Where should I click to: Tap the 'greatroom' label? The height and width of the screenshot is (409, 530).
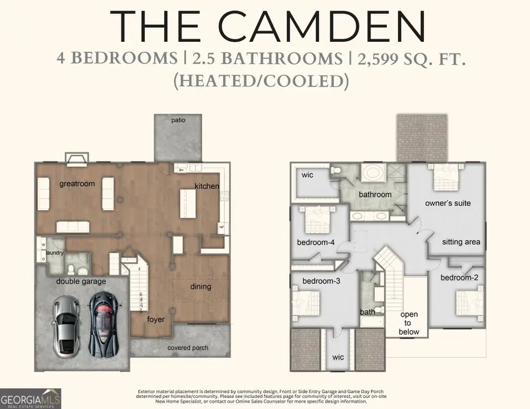tap(77, 184)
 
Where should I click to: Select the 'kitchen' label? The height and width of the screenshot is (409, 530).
tap(207, 186)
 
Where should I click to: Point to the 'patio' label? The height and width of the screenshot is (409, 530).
tap(178, 120)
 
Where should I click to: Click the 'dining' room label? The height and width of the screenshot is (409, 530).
tap(200, 287)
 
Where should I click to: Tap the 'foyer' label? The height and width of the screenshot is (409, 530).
tap(156, 320)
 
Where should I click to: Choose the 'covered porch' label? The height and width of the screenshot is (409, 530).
tap(187, 348)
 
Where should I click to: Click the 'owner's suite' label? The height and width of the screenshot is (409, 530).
tap(448, 203)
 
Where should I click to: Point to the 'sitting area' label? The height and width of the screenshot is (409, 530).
tap(461, 241)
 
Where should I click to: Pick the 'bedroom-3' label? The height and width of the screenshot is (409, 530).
tap(321, 281)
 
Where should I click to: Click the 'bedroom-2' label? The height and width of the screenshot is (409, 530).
tap(458, 277)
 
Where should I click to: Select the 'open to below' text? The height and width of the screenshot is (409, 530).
tap(409, 323)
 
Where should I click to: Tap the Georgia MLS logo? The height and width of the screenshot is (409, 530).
tap(31, 398)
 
